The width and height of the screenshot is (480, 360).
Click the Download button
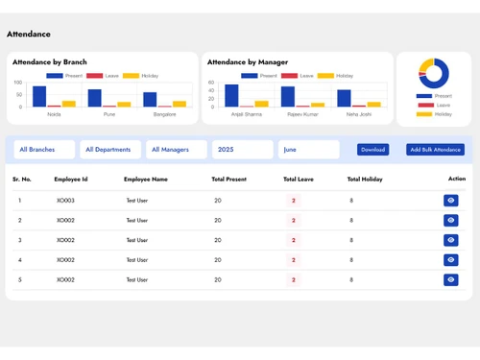pos(372,150)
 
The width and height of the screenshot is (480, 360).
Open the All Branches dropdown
pos(44,150)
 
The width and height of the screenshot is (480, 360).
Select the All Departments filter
pos(110,150)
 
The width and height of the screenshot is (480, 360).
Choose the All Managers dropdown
pos(177,150)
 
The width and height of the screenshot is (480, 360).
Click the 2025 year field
pos(243,150)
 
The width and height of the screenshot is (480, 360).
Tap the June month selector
pos(309,150)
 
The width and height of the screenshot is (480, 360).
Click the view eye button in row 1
pos(451,201)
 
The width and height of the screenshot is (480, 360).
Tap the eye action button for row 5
pos(451,280)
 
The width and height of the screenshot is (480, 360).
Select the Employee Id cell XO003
pos(65,201)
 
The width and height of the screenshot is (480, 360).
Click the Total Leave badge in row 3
pos(293,240)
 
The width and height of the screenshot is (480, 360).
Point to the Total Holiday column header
pos(365,179)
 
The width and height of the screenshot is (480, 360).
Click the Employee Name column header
pos(146,179)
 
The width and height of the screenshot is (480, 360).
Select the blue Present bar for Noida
pos(39,96)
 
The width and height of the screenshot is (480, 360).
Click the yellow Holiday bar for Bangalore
pos(180,104)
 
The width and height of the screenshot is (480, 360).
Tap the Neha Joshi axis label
pos(358,114)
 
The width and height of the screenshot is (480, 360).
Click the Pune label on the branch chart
pos(108,114)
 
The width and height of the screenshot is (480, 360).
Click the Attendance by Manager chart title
pos(247,61)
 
